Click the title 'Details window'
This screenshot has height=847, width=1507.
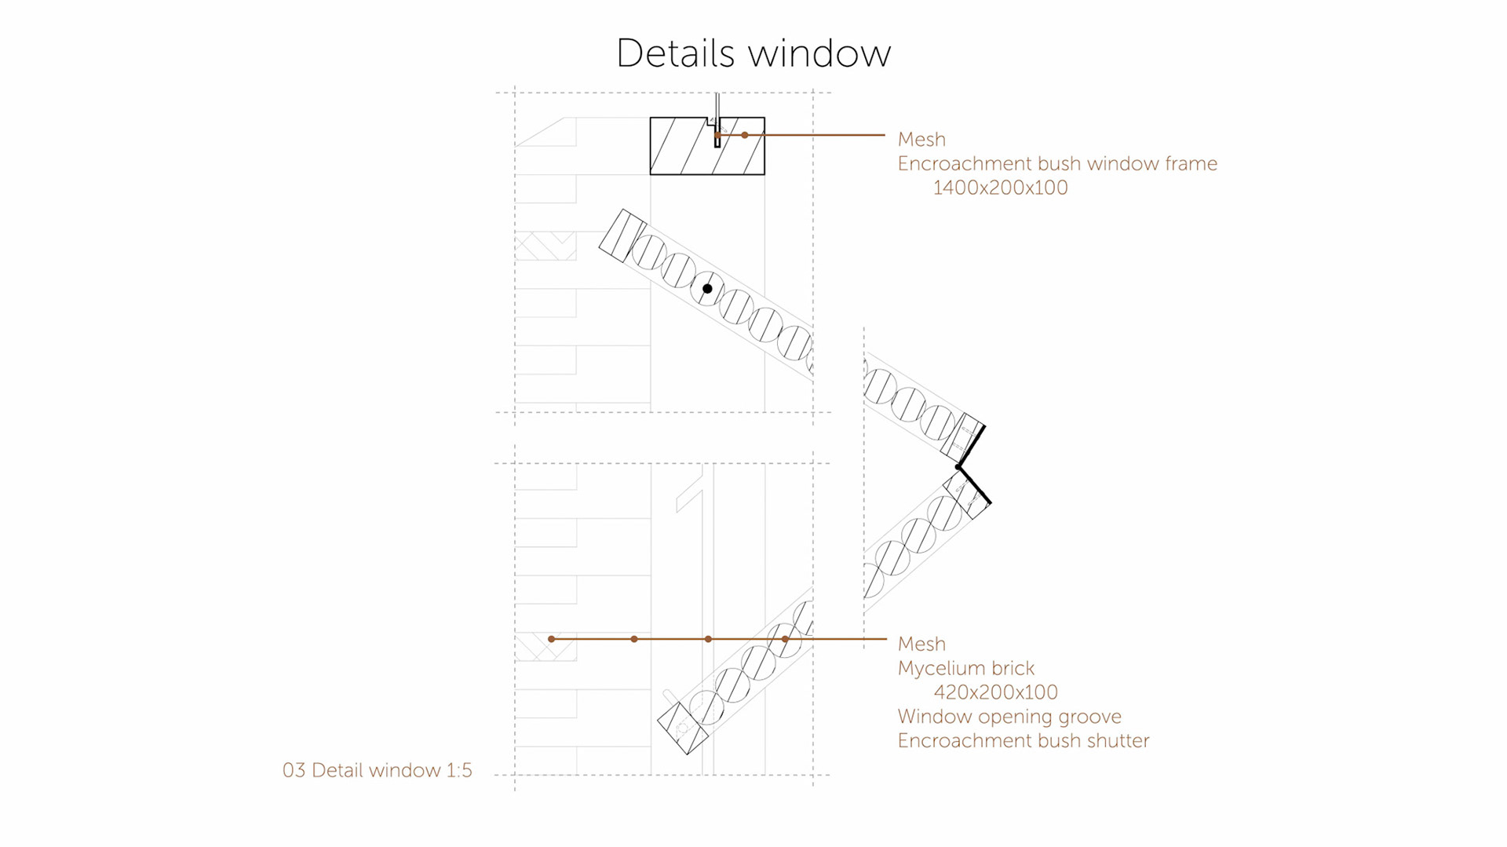[753, 53]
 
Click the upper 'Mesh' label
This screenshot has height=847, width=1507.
[921, 140]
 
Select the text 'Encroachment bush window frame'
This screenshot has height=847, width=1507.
[1057, 164]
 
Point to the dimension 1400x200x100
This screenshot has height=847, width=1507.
[1000, 188]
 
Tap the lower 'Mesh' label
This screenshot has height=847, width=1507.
[921, 644]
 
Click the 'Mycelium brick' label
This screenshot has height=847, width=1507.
[966, 669]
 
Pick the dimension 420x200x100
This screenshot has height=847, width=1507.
[995, 692]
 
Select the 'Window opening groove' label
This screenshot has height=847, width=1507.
[1009, 717]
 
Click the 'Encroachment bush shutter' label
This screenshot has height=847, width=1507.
[1024, 741]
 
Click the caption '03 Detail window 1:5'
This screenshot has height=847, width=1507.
[378, 770]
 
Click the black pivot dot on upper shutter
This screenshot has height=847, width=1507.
[707, 289]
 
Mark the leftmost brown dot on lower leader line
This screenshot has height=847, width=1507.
[552, 639]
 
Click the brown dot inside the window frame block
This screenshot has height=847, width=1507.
[745, 135]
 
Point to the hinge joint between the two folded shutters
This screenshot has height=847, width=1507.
[958, 468]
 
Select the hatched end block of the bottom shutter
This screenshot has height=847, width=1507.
[682, 728]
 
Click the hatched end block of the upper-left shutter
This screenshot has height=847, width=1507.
[622, 235]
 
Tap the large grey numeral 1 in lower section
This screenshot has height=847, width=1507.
[695, 502]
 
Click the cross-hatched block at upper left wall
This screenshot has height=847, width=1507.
[546, 246]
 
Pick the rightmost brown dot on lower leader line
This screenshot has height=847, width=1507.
[785, 639]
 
